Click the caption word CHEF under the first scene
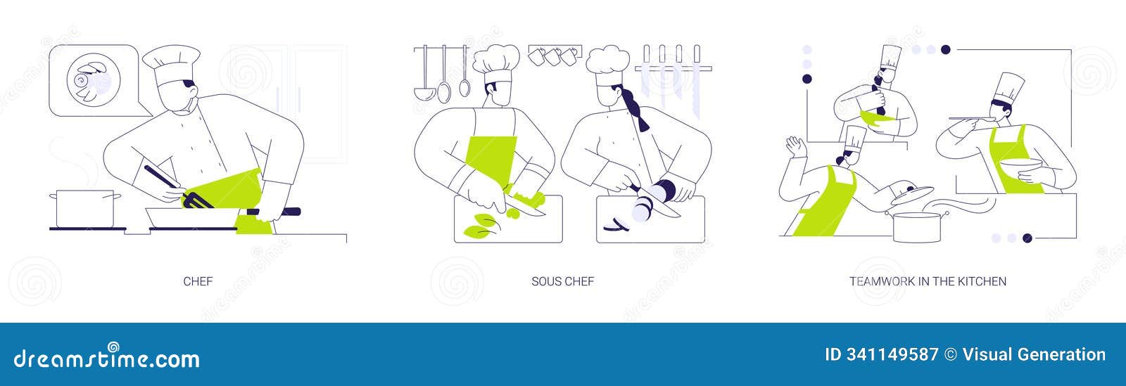tap(198, 281)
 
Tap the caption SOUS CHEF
tap(562, 281)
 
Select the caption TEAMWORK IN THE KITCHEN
tap(928, 281)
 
